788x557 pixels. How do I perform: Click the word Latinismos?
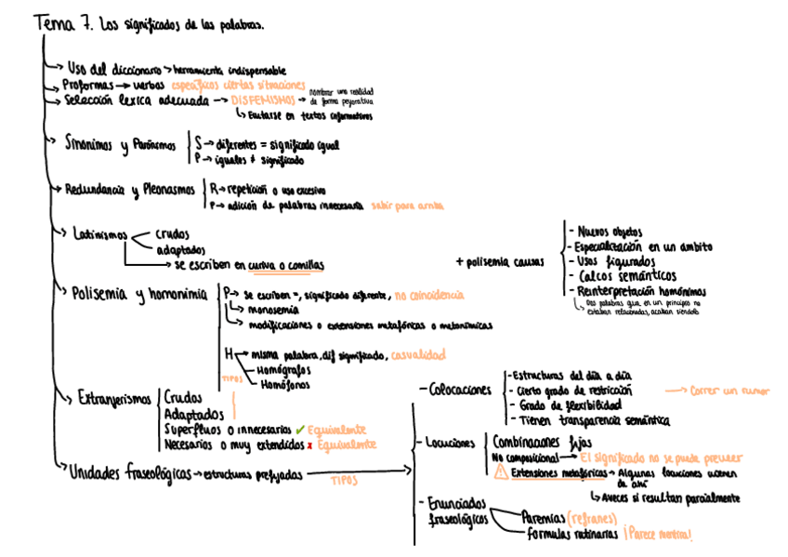pos(99,234)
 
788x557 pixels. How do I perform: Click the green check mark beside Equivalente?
pos(299,431)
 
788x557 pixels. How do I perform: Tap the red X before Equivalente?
pos(309,445)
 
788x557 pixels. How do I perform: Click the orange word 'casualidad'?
pos(417,354)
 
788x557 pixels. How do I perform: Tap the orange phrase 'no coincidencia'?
pos(428,295)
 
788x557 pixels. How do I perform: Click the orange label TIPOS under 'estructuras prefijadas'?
pos(344,482)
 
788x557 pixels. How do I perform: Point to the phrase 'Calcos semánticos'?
pos(626,276)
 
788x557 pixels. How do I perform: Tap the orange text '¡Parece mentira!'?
pos(659,535)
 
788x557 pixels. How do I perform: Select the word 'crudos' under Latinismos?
pos(173,235)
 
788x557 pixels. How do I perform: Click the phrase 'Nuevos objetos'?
pos(613,231)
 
